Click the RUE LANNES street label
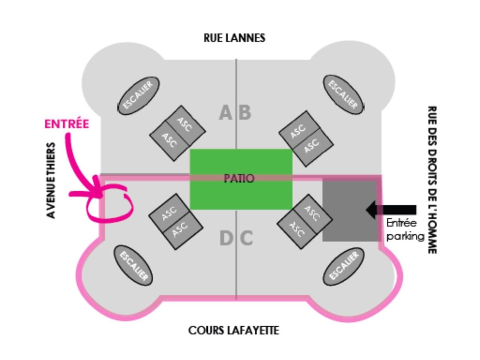point(234,38)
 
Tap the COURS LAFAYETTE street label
point(234,330)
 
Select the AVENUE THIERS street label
point(51,180)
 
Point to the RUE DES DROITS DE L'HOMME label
point(432,180)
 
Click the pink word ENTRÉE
point(67,124)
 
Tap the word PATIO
point(239,178)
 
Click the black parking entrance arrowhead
point(372,210)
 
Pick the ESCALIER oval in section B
point(343,95)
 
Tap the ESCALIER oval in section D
point(133,265)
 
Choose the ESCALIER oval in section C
point(343,266)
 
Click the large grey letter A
point(225,113)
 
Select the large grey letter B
point(244,113)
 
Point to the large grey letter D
point(226,238)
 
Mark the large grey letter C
point(246,238)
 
